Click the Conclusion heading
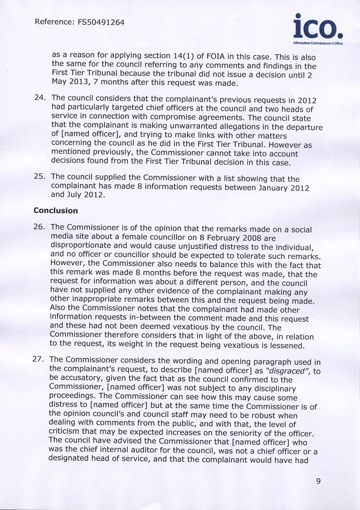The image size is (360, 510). click(55, 211)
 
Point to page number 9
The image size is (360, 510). click(318, 481)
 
